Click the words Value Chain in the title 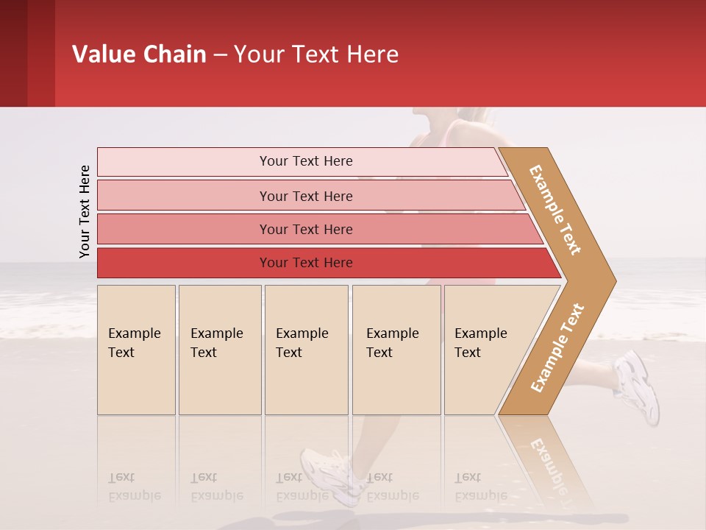point(139,54)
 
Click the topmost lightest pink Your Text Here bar point(305,161)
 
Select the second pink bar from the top point(305,196)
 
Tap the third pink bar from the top point(305,229)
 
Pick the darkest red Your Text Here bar point(305,263)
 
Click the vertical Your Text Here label point(85,211)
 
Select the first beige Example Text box point(136,350)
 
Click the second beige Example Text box point(219,350)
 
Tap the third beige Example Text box point(306,350)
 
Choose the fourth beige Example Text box point(396,350)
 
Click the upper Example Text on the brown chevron point(555,210)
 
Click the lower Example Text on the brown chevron point(557,347)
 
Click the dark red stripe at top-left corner point(13,53)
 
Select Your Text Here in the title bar point(316,54)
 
